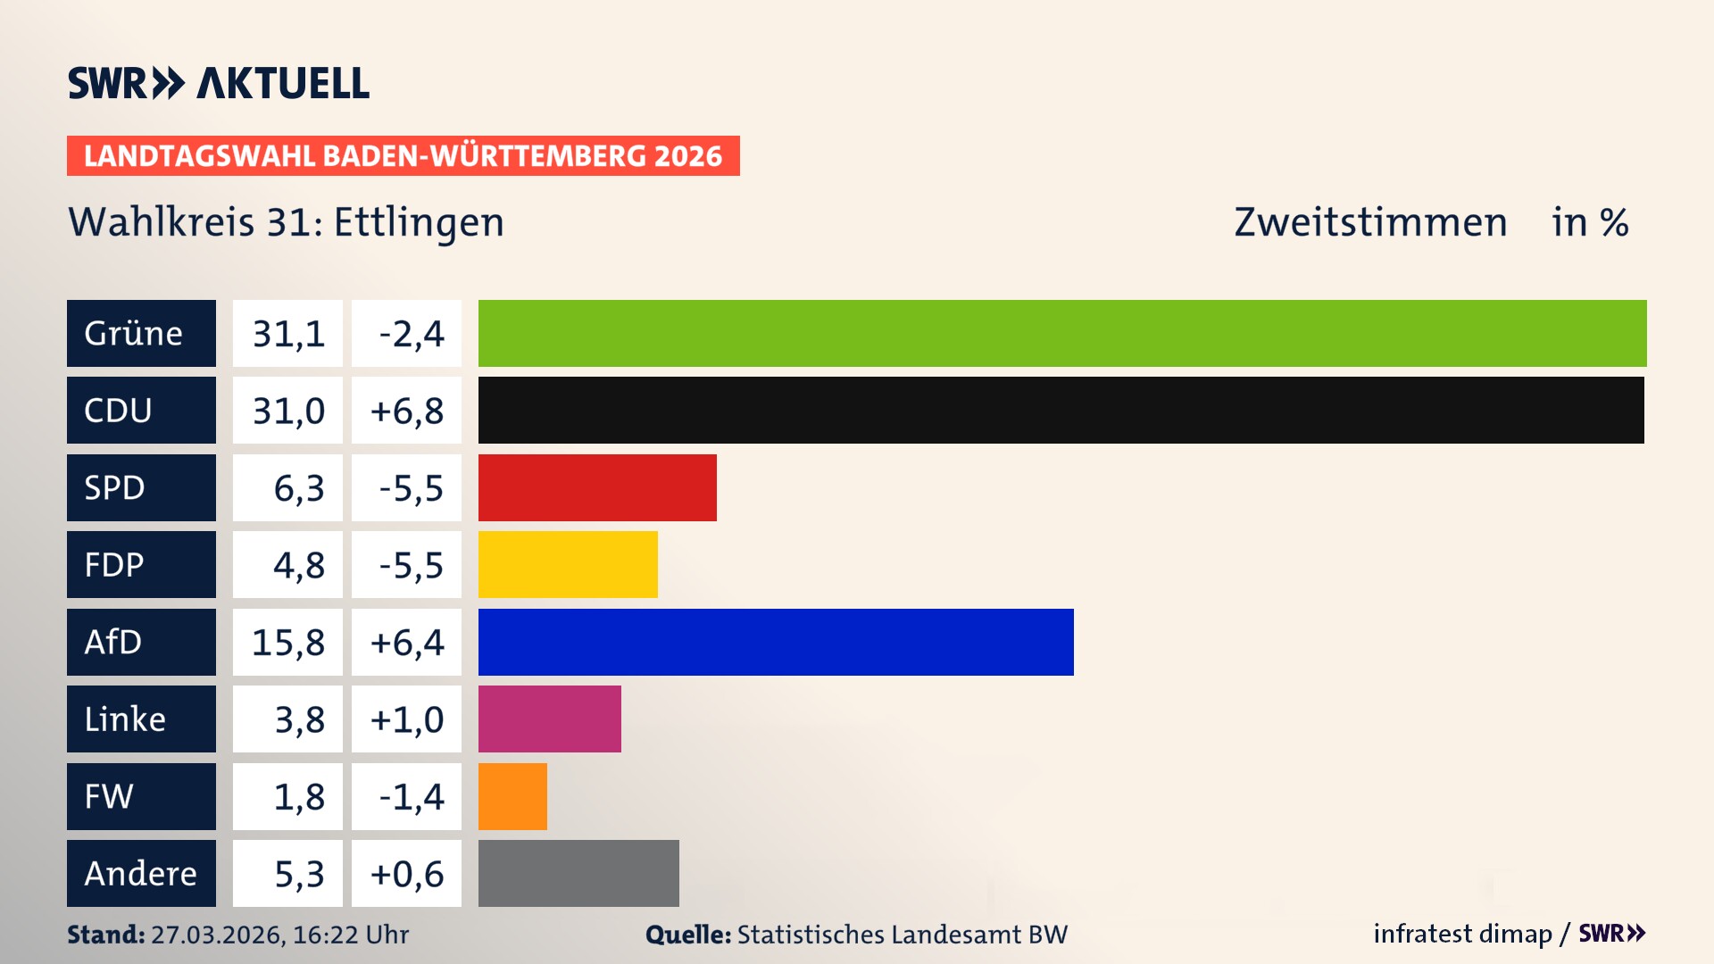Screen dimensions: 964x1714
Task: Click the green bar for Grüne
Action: (x=1062, y=333)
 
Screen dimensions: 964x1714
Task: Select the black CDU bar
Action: (x=1061, y=410)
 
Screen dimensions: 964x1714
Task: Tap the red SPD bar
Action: (x=597, y=487)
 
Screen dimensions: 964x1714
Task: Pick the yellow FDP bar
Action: (x=568, y=564)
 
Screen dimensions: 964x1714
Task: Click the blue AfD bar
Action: (x=776, y=642)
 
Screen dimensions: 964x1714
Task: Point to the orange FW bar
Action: (x=512, y=796)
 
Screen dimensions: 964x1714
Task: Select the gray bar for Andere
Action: (x=578, y=873)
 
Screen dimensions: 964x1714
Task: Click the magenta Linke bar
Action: (x=549, y=719)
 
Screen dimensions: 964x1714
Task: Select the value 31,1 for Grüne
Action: (x=287, y=334)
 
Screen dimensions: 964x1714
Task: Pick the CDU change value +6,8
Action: (x=406, y=411)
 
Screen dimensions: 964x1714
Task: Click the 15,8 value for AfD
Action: (x=287, y=643)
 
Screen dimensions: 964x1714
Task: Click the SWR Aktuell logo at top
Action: (x=219, y=83)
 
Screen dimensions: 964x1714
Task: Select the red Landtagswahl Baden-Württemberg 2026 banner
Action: (x=403, y=156)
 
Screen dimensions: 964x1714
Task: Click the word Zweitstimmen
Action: (x=1370, y=222)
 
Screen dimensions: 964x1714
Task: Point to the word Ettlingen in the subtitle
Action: (x=419, y=223)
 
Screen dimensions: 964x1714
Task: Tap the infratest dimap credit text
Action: (x=1462, y=934)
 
